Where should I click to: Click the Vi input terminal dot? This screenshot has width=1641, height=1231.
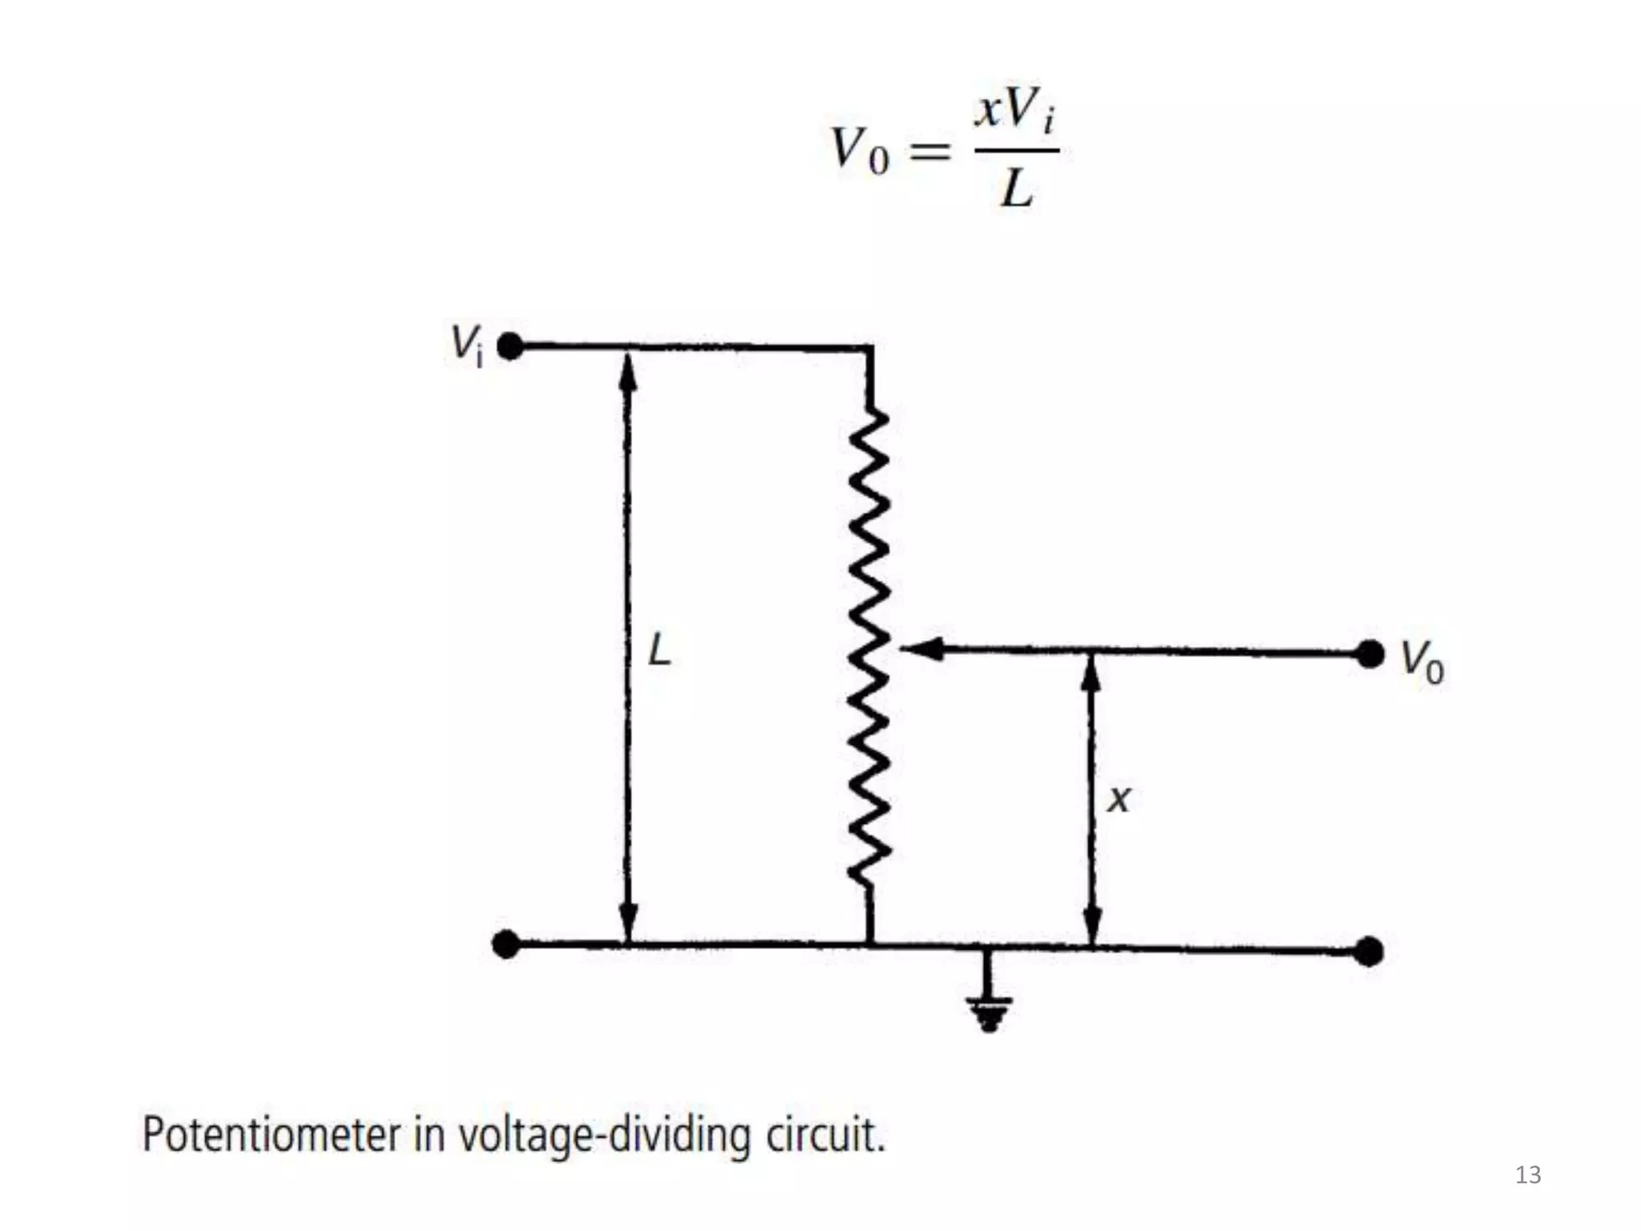click(510, 346)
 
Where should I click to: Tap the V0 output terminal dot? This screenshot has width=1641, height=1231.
click(1370, 654)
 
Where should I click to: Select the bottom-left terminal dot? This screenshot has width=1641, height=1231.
click(506, 944)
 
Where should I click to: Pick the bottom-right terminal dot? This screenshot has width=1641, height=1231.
click(1369, 951)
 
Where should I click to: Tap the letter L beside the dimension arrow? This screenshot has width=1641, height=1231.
click(659, 649)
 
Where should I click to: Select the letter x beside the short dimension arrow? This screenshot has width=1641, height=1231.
click(1119, 799)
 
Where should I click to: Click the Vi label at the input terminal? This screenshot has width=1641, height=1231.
click(467, 344)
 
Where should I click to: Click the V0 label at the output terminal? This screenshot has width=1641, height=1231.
click(1421, 662)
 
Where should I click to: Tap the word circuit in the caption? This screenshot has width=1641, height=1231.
click(825, 1135)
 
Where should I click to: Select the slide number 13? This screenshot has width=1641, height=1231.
click(1528, 1175)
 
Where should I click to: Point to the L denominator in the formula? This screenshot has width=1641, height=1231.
click(1017, 190)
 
